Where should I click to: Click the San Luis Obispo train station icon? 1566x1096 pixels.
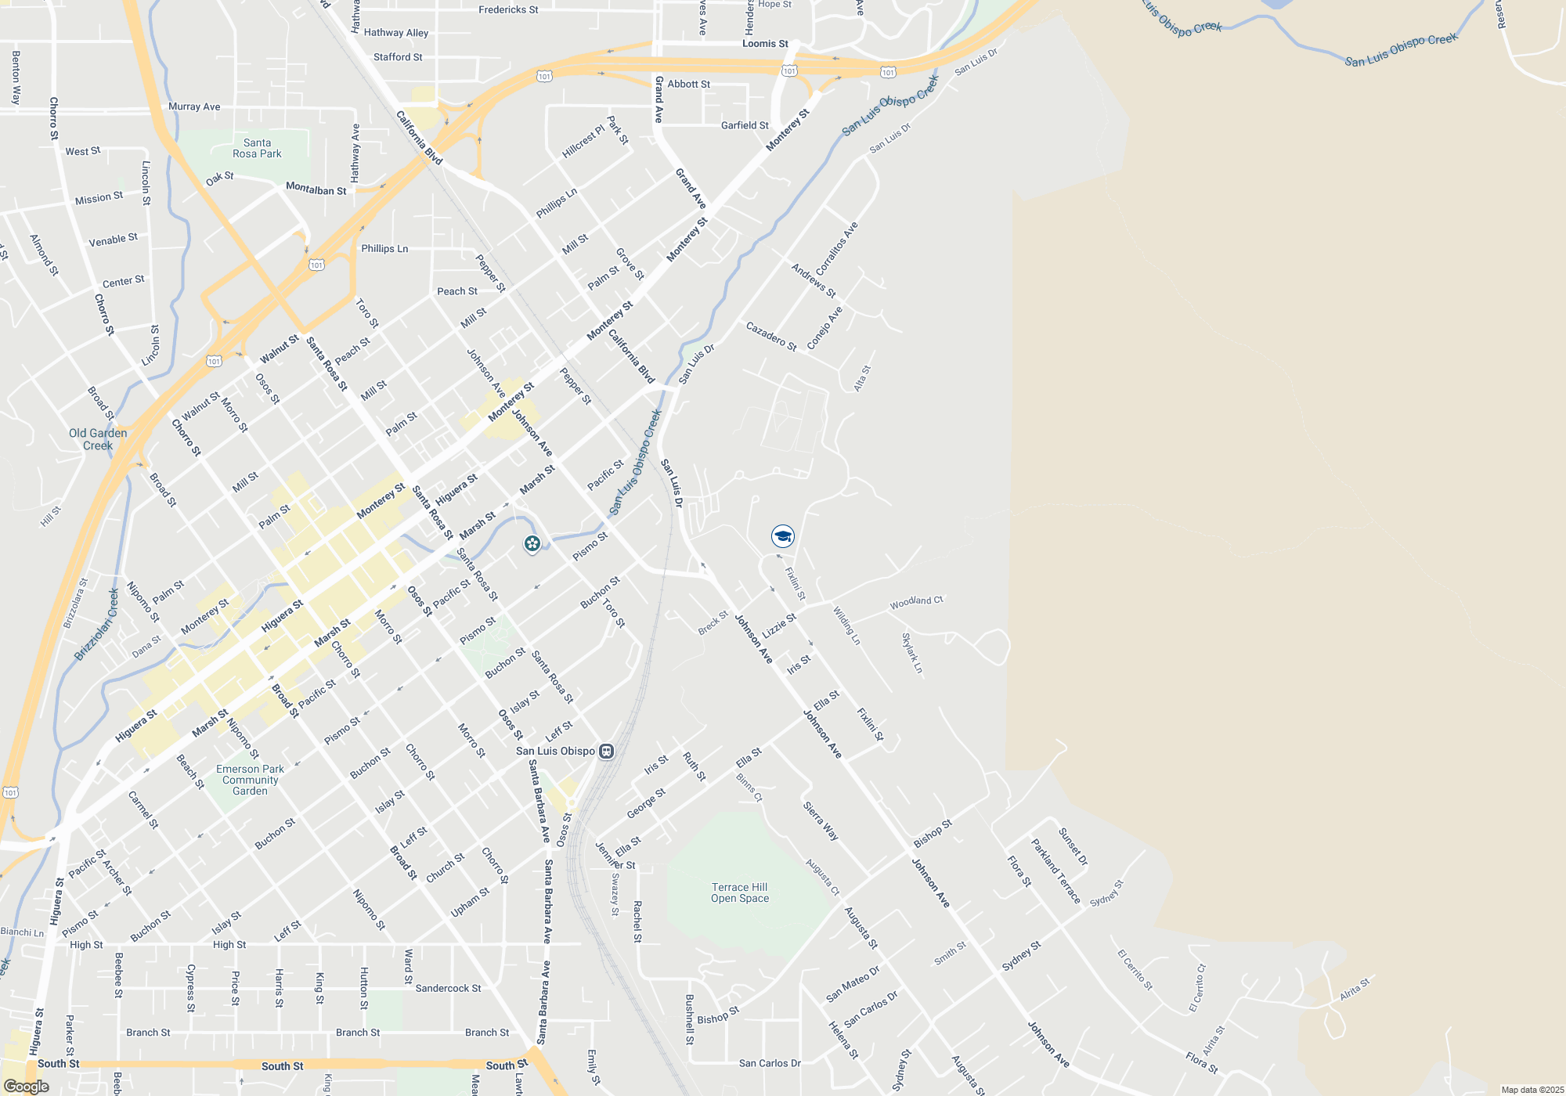click(606, 752)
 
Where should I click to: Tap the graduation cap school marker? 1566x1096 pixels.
click(782, 536)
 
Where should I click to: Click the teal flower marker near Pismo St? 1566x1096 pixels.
click(532, 543)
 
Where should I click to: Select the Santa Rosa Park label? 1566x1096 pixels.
click(257, 149)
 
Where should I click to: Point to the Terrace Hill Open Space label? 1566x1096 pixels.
click(740, 892)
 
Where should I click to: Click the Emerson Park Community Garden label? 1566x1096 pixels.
click(250, 780)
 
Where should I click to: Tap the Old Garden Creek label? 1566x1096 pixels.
click(98, 439)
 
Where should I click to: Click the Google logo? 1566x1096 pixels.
click(26, 1087)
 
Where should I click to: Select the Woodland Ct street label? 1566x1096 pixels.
click(916, 602)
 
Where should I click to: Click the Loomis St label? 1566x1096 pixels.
click(765, 44)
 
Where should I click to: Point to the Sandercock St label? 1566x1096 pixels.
click(448, 988)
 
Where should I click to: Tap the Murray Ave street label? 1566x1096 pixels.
click(194, 106)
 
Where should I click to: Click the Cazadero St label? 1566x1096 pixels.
click(770, 337)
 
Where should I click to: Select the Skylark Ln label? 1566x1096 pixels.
click(912, 654)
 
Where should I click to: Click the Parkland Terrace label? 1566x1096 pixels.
click(1055, 871)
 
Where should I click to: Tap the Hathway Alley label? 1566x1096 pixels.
click(396, 33)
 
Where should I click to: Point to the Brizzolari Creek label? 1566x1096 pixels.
click(97, 625)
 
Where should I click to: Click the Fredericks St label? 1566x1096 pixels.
click(508, 10)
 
